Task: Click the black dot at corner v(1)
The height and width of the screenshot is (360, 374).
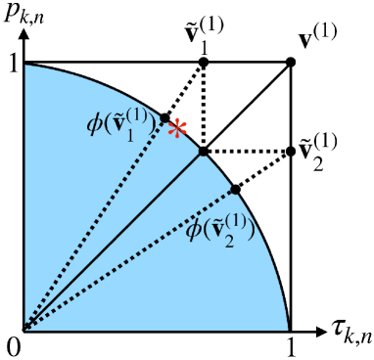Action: coord(291,63)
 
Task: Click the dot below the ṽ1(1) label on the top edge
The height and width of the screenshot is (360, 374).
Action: coord(204,63)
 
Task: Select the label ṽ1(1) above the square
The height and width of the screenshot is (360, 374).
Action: coord(206,34)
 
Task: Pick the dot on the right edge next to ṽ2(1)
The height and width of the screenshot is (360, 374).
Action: coord(291,152)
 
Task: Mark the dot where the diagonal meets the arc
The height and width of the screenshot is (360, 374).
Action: coord(204,152)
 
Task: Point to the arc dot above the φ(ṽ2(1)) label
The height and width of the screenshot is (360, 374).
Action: coord(235,189)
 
